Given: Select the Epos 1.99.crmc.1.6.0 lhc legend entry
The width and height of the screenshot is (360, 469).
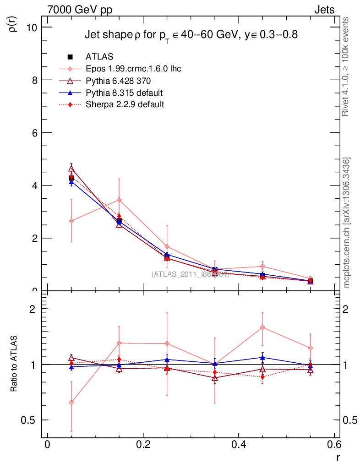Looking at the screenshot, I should pyautogui.click(x=133, y=69).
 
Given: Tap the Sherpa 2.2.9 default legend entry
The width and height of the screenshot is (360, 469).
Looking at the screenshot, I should pyautogui.click(x=125, y=104).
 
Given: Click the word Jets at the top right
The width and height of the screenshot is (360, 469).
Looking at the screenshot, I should pyautogui.click(x=324, y=10).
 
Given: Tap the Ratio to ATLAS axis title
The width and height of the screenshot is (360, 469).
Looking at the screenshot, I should pyautogui.click(x=14, y=364).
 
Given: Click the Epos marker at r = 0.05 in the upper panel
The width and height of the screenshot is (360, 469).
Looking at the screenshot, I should pyautogui.click(x=71, y=221).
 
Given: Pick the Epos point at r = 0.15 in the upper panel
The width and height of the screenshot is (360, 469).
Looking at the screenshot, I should pyautogui.click(x=119, y=200).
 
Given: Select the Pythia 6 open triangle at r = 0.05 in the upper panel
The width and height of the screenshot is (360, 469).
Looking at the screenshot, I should pyautogui.click(x=71, y=169).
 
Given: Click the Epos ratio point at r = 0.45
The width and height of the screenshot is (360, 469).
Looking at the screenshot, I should pyautogui.click(x=262, y=327).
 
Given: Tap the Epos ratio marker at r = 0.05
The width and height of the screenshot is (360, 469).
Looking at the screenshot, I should pyautogui.click(x=71, y=403).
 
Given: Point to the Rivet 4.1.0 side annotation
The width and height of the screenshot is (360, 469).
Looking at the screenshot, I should pyautogui.click(x=346, y=66).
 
